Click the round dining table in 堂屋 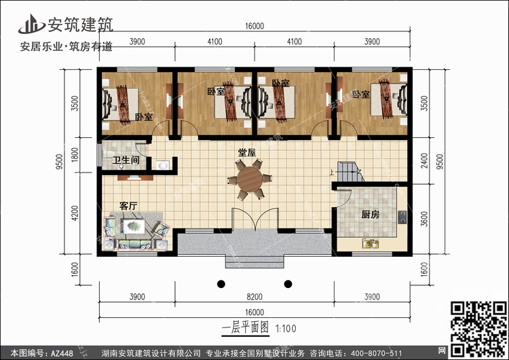249,179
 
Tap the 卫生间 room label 126,160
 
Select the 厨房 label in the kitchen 371,215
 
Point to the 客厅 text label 128,206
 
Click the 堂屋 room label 247,152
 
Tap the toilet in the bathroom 108,154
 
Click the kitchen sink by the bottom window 371,243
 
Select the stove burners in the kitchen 402,217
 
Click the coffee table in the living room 134,226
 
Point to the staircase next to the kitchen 350,172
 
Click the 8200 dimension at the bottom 254,297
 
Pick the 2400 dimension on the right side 424,161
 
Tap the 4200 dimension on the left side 75,213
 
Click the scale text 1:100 286,329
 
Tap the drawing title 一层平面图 246,327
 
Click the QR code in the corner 478,329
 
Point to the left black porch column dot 221,284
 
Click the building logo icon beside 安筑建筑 31,24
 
